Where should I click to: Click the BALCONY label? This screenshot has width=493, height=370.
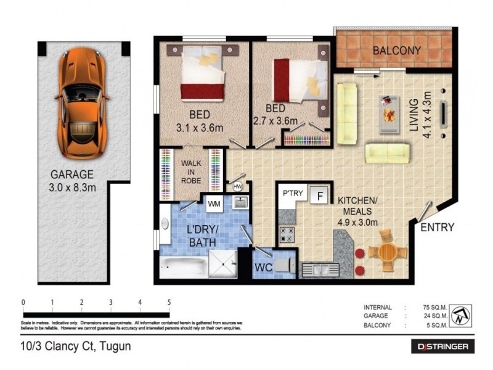[396, 51]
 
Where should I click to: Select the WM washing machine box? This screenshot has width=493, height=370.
[214, 203]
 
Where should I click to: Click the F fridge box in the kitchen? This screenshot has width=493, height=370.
[319, 197]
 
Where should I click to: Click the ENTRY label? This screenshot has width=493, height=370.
[437, 228]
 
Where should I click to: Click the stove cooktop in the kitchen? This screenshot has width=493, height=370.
[287, 234]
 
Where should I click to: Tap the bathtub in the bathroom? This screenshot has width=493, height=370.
[184, 267]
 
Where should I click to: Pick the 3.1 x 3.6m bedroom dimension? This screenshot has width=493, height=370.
[199, 128]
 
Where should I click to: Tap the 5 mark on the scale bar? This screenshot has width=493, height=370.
[169, 302]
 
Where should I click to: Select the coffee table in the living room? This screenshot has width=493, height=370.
[388, 113]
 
